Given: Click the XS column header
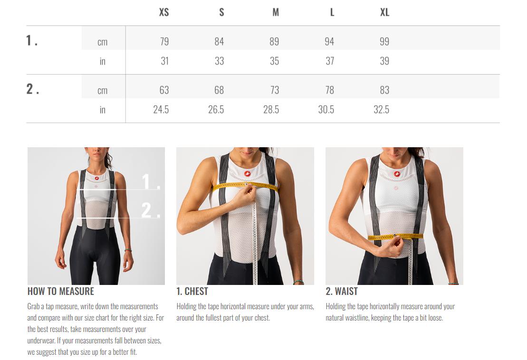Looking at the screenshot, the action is pos(163,12).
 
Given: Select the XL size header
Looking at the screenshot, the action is pos(384,12).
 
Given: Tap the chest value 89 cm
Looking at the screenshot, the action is pos(274,42).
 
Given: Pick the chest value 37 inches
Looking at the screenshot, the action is pos(330,61).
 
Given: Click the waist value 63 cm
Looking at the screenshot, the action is pos(164,90).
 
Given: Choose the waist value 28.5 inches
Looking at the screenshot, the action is pos(271,110).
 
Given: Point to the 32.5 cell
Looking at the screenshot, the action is pos(381,110).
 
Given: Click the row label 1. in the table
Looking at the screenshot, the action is pos(32,41).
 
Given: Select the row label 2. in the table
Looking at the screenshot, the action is pos(33,89).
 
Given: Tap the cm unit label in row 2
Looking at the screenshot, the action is pos(103,91).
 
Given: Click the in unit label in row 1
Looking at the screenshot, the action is pos(103,61).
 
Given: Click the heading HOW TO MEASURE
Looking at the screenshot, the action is pos(61,291).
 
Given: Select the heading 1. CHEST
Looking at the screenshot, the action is pos(192,291).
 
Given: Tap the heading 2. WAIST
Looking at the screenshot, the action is pos(342,291).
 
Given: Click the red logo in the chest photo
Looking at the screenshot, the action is pos(248,174).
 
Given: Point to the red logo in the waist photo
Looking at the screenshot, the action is pos(397,174).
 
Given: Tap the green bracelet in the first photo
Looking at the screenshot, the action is pos(128,250).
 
